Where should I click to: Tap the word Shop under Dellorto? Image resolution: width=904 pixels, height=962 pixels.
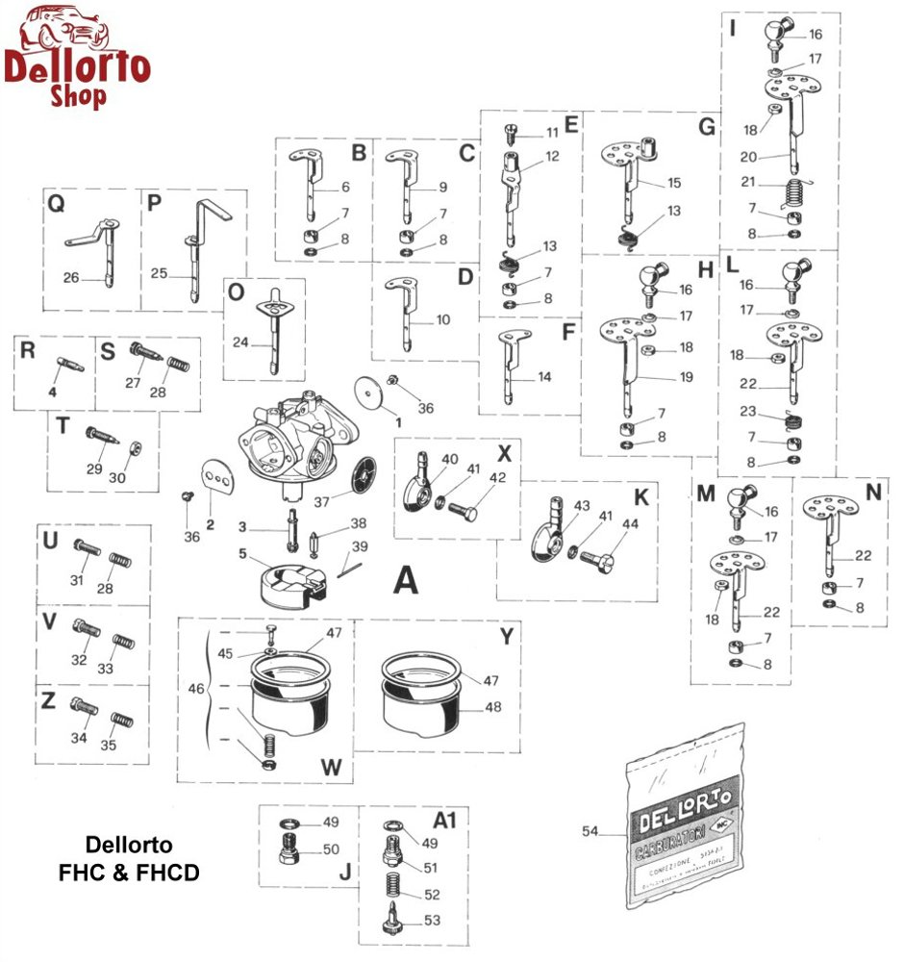(79, 96)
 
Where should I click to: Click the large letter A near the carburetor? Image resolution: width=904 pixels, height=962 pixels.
(406, 580)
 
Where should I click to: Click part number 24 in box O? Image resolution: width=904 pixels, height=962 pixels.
(240, 341)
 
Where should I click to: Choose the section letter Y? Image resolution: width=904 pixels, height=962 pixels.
(507, 636)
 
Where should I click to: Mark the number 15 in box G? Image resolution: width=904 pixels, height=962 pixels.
(673, 182)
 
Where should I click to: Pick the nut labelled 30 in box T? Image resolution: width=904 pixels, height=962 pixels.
(136, 448)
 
